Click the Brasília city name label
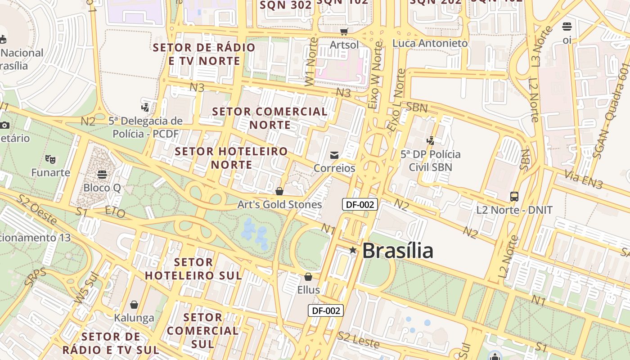[x=397, y=251]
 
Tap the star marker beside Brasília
[x=353, y=250]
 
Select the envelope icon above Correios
[x=334, y=155]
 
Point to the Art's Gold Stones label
[x=279, y=205]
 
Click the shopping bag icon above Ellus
[x=308, y=277]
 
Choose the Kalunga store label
[x=134, y=318]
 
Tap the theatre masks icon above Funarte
[x=50, y=159]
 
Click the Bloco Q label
[x=102, y=188]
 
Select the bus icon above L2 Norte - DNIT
[x=514, y=197]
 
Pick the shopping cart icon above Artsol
[x=344, y=31]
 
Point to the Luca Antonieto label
[x=430, y=43]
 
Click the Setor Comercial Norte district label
[x=270, y=118]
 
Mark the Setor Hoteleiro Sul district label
[x=193, y=269]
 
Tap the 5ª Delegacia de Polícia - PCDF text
[x=145, y=127]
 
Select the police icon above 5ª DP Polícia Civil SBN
[x=431, y=141]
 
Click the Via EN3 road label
[x=584, y=180]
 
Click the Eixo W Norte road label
[x=375, y=75]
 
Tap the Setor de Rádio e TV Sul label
[x=111, y=343]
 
